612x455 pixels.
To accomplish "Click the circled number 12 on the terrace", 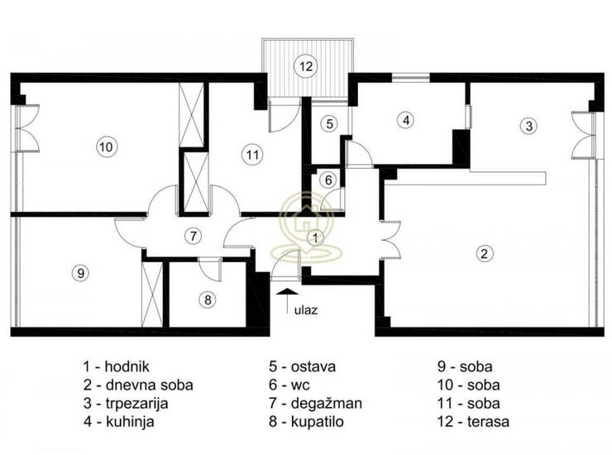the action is point(306,66).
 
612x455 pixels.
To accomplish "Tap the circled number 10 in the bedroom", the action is point(106,147).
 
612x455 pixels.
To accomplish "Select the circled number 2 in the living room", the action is point(484,254).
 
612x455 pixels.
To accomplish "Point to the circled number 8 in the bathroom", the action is point(208,299).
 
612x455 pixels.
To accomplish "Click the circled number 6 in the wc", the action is point(328,180).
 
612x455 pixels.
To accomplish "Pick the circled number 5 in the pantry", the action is point(330,124).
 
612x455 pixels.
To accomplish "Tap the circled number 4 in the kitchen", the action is point(406,120).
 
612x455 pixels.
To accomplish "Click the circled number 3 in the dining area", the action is point(528,126).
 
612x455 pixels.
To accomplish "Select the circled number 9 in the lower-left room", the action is point(80,273).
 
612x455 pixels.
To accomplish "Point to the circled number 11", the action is point(252,155).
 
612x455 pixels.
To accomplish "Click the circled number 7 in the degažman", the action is point(193,236).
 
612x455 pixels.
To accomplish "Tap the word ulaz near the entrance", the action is point(306,310).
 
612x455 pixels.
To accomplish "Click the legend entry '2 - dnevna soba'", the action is point(138,385).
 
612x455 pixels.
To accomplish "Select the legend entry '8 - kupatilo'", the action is point(306,422).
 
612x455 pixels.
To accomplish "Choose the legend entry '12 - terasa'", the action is point(473,422).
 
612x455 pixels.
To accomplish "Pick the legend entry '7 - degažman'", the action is point(315,404).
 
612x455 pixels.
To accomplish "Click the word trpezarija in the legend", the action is point(136,404).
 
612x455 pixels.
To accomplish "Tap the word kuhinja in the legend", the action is point(130,422).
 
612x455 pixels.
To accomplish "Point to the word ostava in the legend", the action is point(313,366).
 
